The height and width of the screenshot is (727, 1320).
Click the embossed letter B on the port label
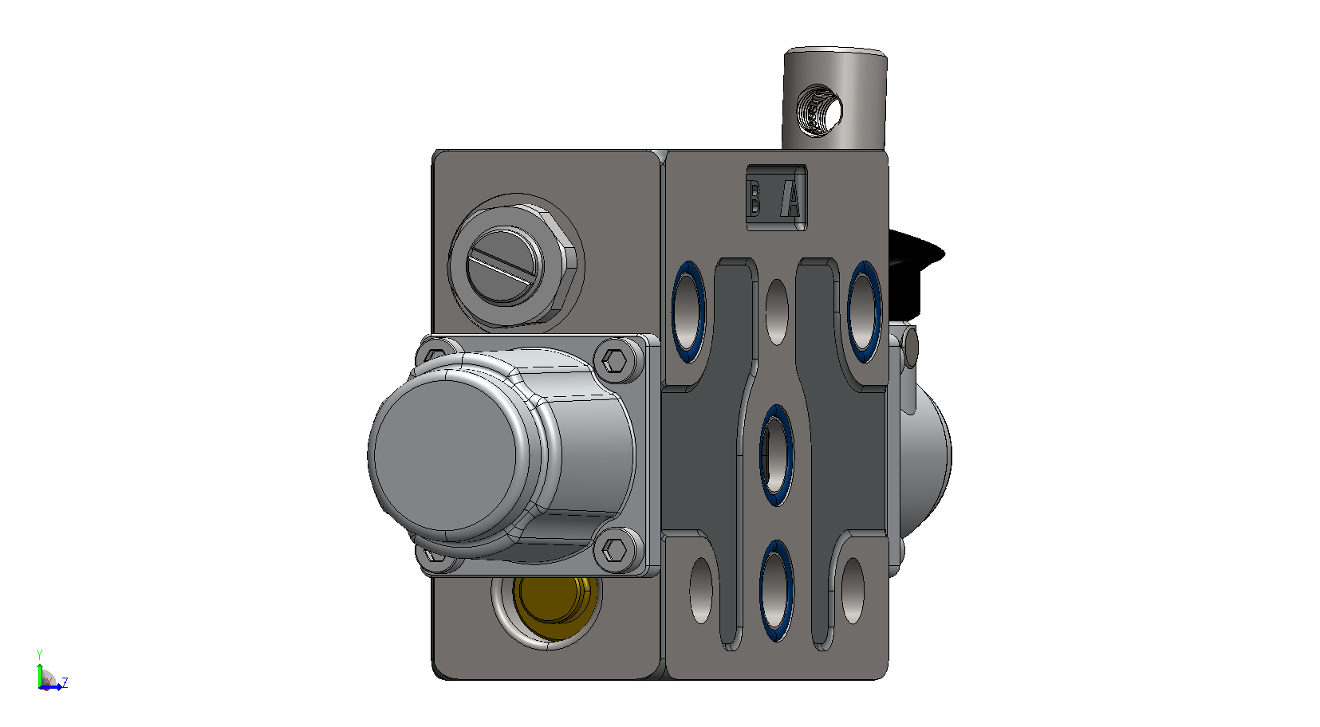tap(754, 198)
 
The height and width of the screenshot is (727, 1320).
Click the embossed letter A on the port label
tap(791, 198)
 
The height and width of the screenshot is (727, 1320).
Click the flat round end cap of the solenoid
tap(446, 459)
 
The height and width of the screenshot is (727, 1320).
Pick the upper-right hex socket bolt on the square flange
tap(617, 360)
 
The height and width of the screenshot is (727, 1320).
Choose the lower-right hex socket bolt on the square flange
tap(615, 550)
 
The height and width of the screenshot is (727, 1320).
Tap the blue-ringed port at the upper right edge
tap(864, 312)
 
